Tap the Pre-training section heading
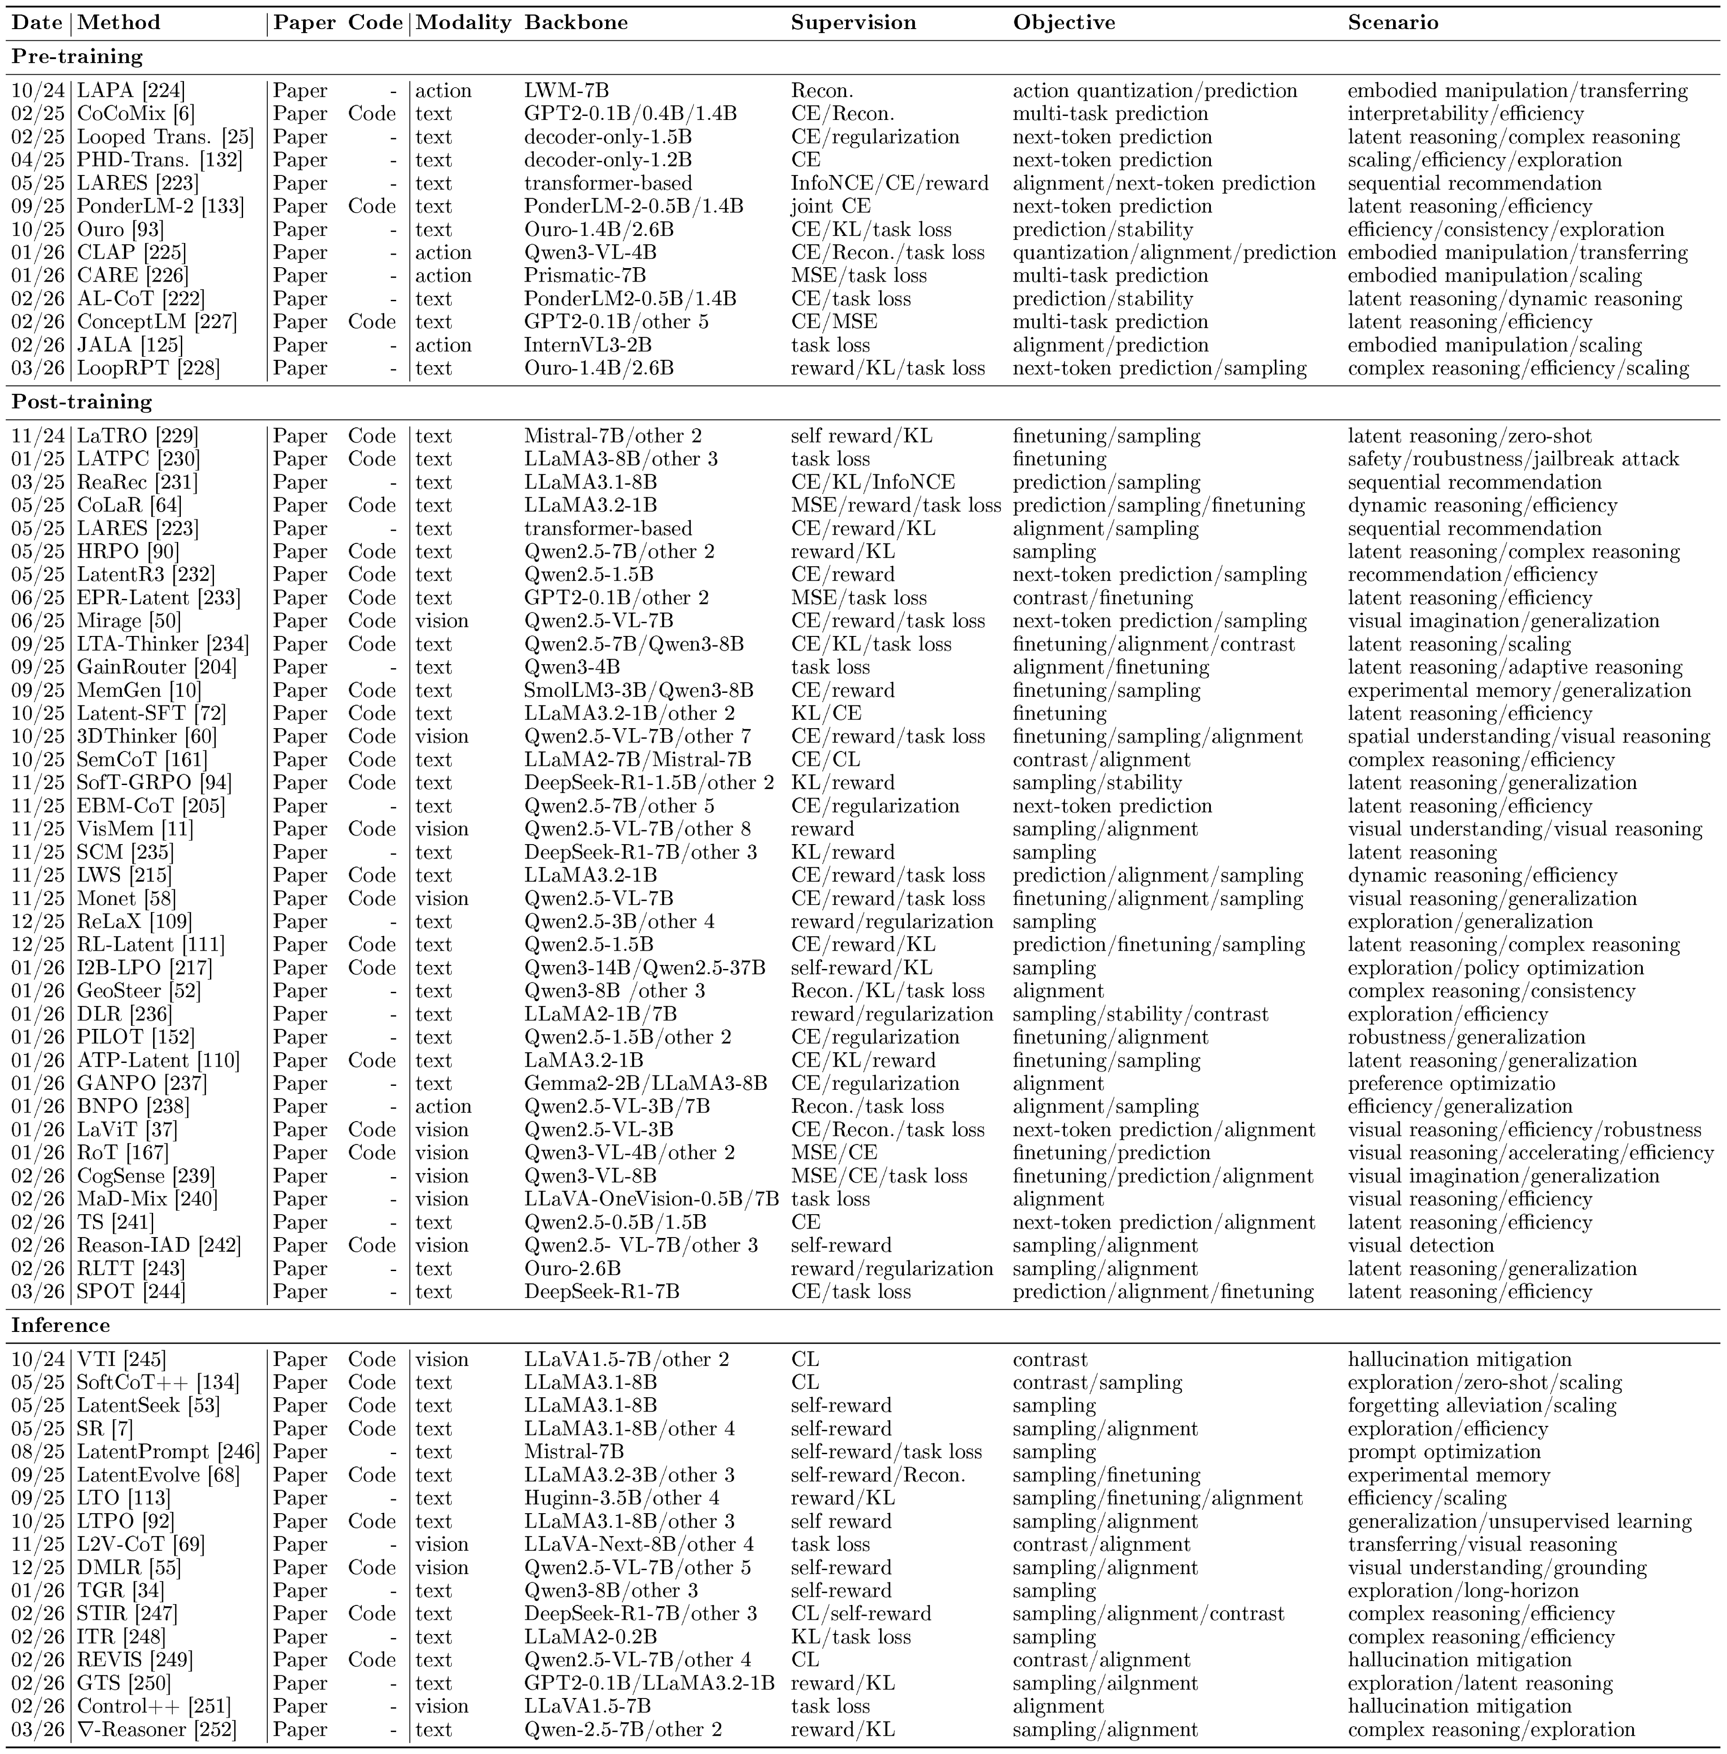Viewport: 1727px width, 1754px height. (x=77, y=56)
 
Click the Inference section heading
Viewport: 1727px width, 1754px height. (x=61, y=1325)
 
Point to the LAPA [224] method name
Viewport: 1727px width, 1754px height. (x=131, y=91)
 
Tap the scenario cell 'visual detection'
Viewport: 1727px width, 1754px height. (x=1420, y=1245)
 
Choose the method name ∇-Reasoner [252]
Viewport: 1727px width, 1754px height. (x=156, y=1729)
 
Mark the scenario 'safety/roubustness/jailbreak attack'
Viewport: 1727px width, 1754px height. (x=1513, y=460)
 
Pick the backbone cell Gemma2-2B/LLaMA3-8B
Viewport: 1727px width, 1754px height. (x=645, y=1084)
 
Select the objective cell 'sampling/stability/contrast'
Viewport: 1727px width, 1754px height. (x=1140, y=1014)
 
